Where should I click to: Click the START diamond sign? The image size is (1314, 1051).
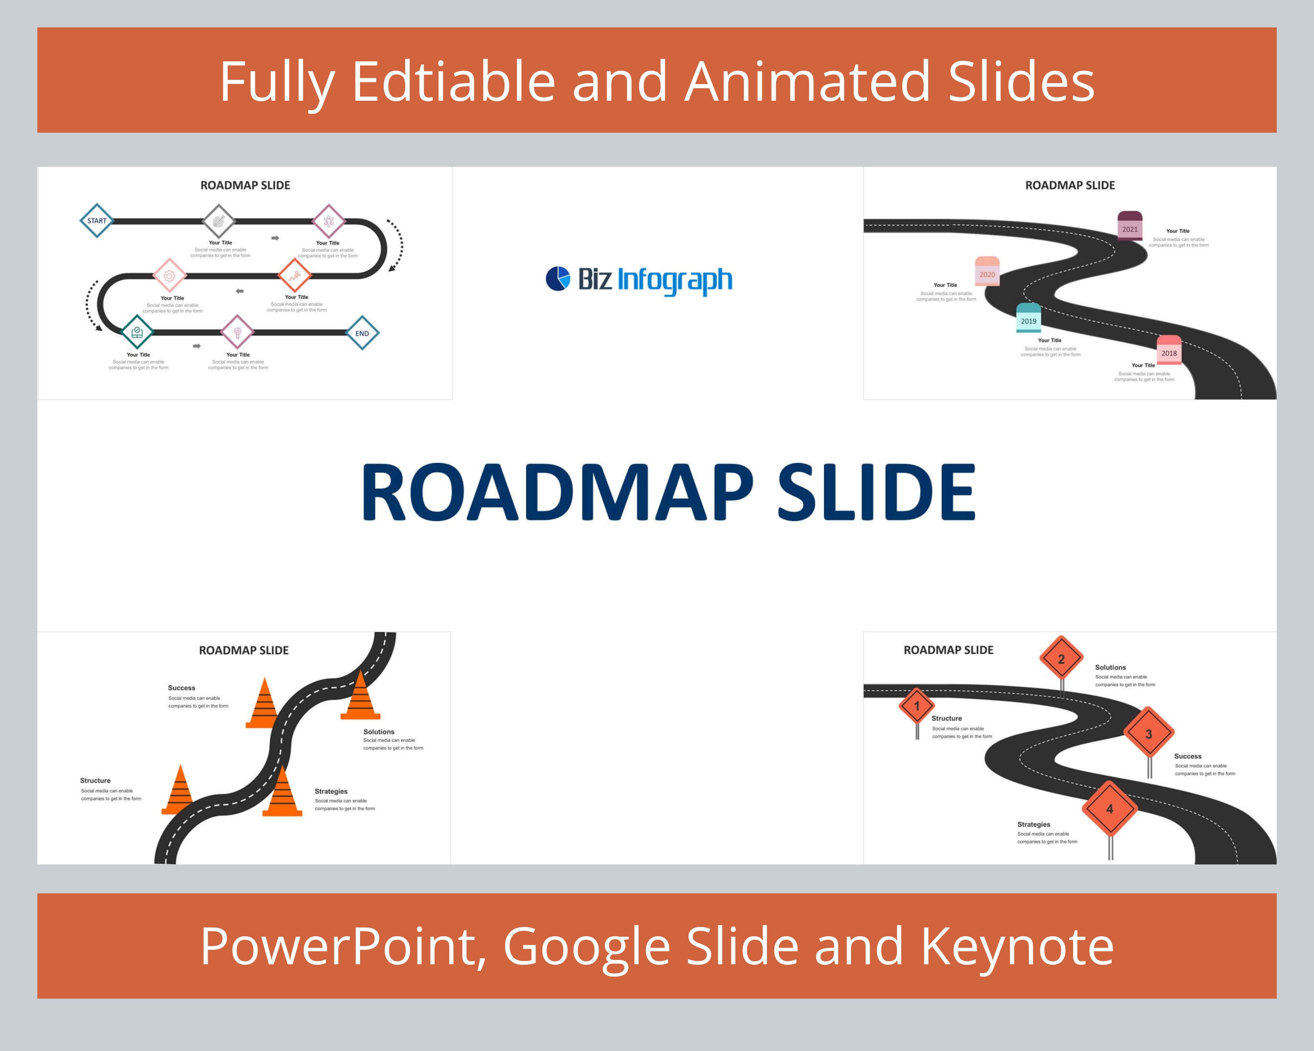click(97, 221)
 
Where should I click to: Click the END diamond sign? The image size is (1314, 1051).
click(362, 333)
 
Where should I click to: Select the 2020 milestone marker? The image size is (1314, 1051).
click(987, 272)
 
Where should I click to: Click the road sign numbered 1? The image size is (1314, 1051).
click(917, 707)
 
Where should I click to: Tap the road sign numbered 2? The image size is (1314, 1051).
click(1061, 659)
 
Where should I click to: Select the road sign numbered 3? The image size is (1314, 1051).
click(1149, 734)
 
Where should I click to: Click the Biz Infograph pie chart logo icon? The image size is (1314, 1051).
click(558, 279)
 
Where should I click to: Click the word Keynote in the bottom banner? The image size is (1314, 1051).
click(1017, 947)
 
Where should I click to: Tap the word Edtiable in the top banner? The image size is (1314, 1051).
click(453, 81)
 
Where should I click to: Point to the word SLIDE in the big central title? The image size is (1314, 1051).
click(876, 492)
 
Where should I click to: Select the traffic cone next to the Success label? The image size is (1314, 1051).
click(264, 704)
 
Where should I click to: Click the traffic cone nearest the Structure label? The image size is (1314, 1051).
click(179, 791)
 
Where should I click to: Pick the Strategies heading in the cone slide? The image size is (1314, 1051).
click(331, 791)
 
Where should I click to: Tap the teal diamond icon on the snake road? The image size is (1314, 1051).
click(137, 332)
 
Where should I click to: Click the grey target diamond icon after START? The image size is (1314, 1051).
click(218, 221)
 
